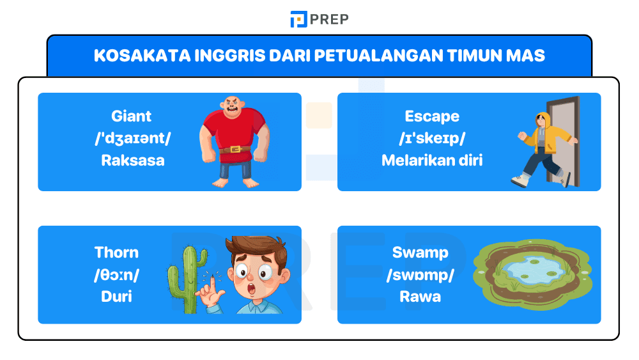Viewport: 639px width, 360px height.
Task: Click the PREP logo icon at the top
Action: pyautogui.click(x=298, y=19)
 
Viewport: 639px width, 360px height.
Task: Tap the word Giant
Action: pyautogui.click(x=132, y=116)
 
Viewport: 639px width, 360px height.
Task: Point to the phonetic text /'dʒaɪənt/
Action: pyautogui.click(x=132, y=138)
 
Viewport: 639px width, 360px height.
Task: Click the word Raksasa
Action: pyautogui.click(x=132, y=160)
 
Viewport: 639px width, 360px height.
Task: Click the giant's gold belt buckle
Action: pyautogui.click(x=233, y=150)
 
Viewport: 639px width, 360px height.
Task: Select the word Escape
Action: pyautogui.click(x=432, y=116)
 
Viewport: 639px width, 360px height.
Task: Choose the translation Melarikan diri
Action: pyautogui.click(x=432, y=160)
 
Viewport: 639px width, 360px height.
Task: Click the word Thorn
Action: pyautogui.click(x=116, y=252)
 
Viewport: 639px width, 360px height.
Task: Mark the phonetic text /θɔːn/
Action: pyautogui.click(x=116, y=274)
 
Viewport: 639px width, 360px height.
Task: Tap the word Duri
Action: pyautogui.click(x=116, y=297)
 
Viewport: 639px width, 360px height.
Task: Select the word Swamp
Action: pyautogui.click(x=420, y=252)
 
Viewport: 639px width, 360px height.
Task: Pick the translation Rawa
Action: pyautogui.click(x=420, y=297)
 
